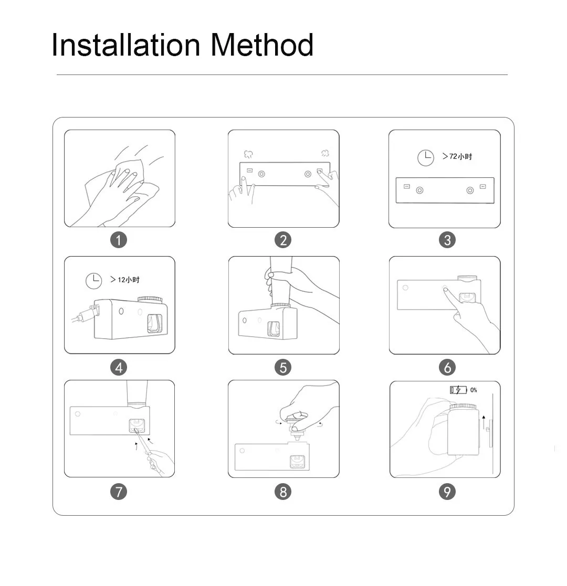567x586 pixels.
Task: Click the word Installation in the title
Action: point(126,45)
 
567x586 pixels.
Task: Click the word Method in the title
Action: point(262,45)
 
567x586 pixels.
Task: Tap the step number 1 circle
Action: point(119,240)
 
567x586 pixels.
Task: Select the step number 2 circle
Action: point(283,240)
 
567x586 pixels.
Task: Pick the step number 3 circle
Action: point(447,240)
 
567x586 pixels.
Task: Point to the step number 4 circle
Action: point(119,367)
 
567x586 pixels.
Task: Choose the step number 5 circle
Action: point(283,367)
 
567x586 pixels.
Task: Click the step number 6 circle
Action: point(447,367)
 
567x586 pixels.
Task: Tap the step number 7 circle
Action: point(119,492)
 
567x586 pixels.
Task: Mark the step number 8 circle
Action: point(283,492)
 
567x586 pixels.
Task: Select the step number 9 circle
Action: point(447,492)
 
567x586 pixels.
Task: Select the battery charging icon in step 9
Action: point(458,390)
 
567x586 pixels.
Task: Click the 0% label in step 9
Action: point(474,390)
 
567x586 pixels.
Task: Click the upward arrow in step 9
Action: point(484,422)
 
